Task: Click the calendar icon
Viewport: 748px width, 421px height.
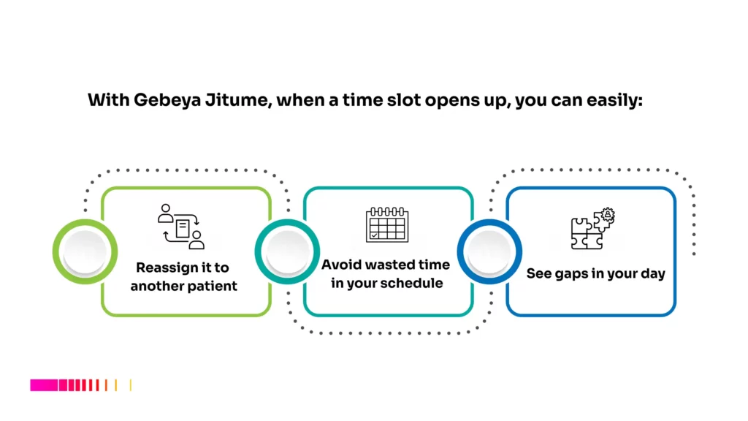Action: [x=386, y=227]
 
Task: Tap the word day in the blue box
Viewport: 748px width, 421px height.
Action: [x=652, y=274]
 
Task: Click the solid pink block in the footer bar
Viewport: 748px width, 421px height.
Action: [x=43, y=384]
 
